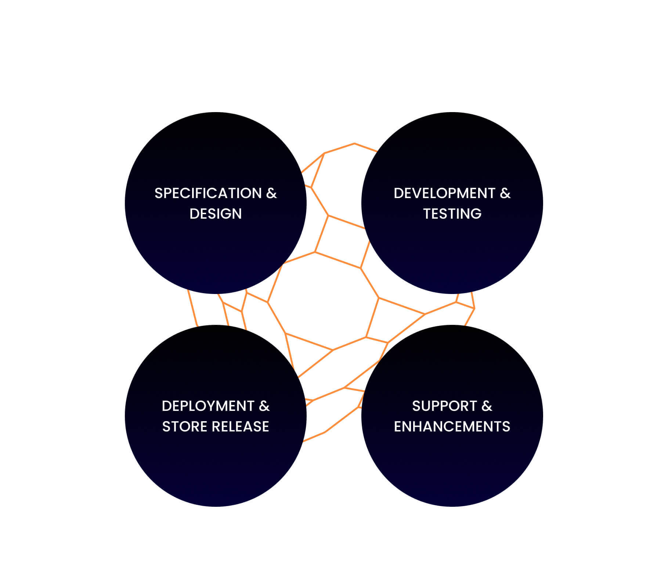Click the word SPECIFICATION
[x=208, y=193]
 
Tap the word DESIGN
[x=216, y=214]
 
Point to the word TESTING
[x=452, y=214]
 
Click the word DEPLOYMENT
[x=208, y=406]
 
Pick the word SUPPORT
[x=444, y=406]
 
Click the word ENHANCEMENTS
[x=452, y=427]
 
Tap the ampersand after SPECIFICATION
[x=271, y=193]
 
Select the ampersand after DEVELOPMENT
[x=505, y=193]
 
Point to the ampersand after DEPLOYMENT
[x=264, y=406]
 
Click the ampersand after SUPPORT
[x=487, y=406]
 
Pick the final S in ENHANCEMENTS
[x=506, y=427]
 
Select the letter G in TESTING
[x=476, y=214]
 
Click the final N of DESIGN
[x=237, y=214]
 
